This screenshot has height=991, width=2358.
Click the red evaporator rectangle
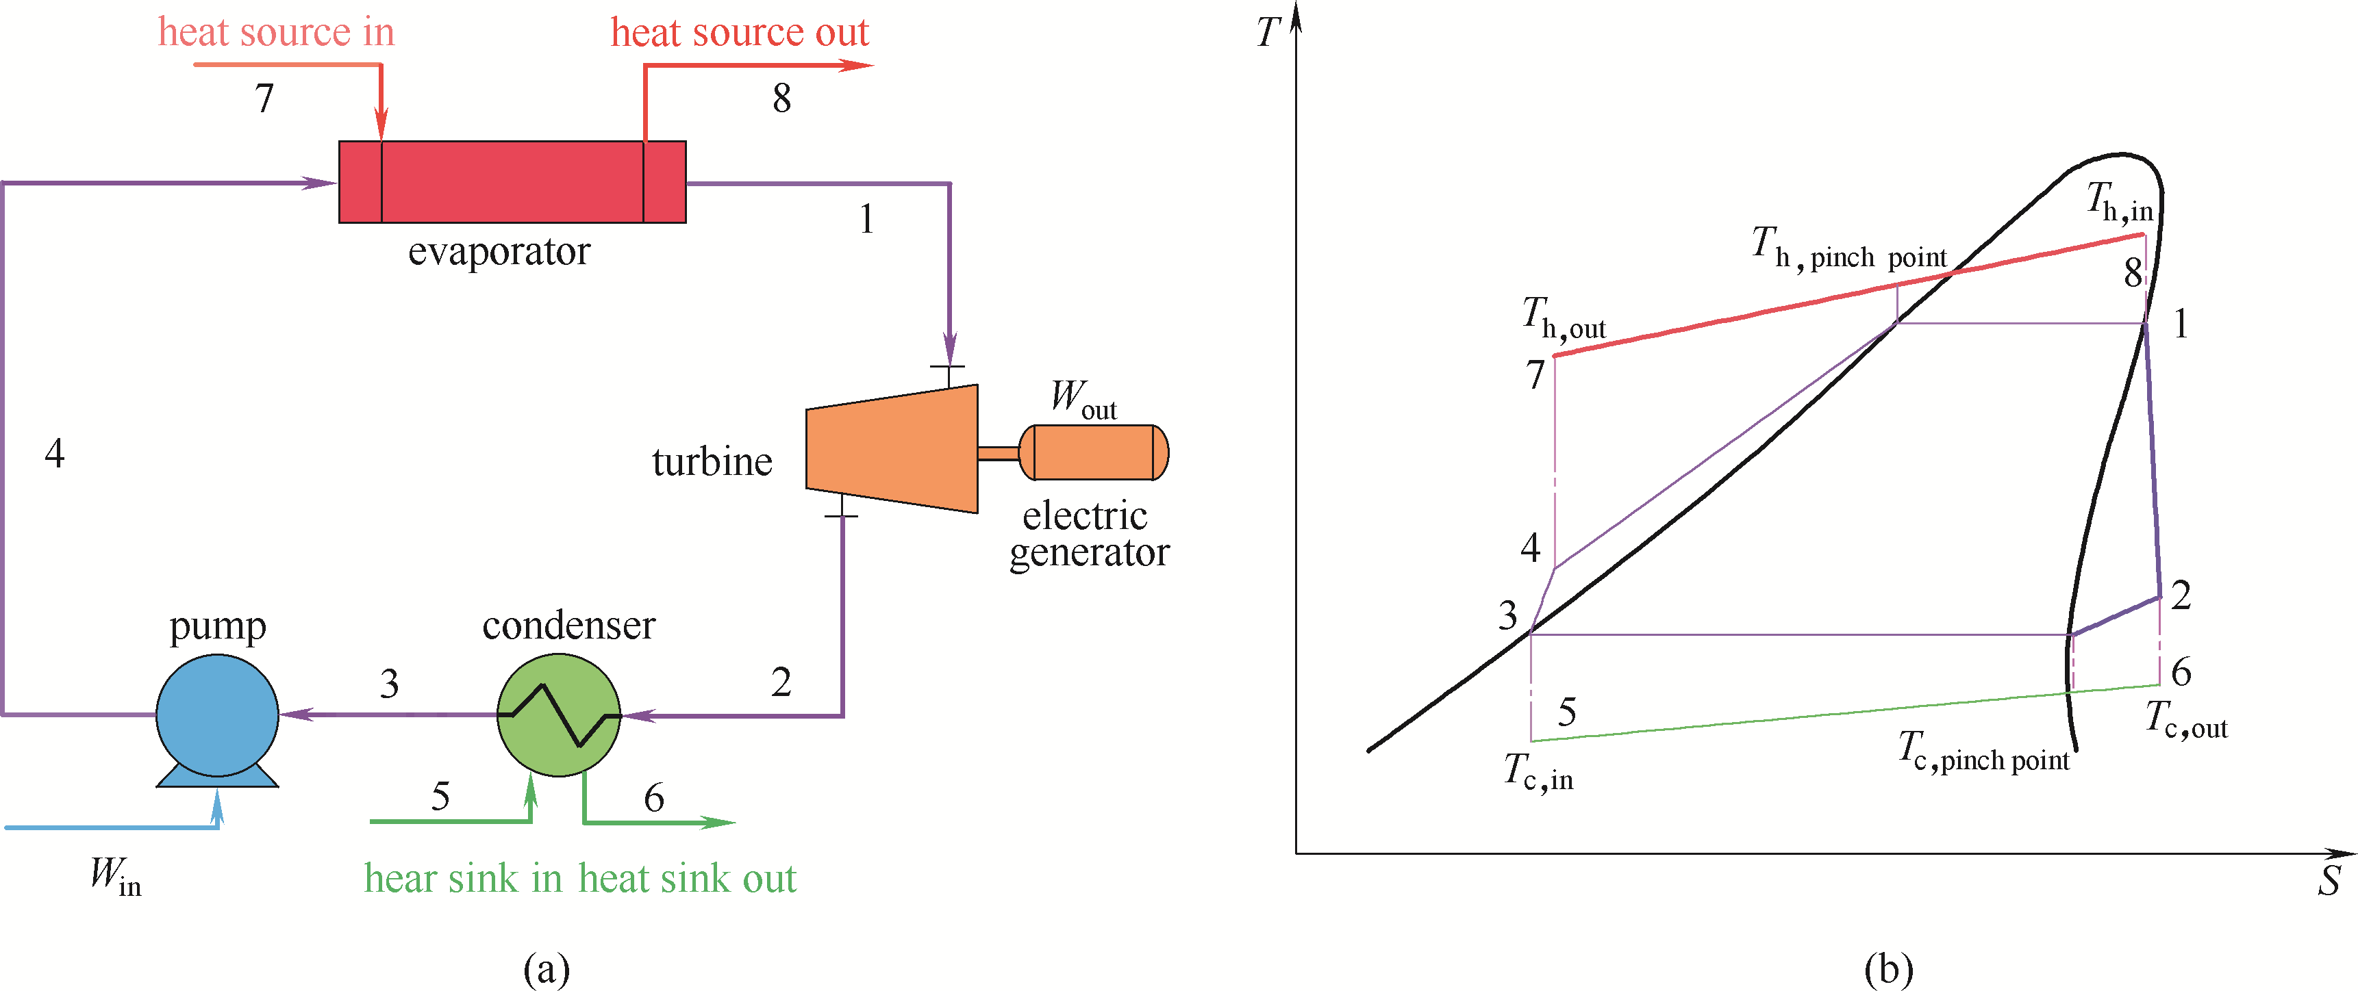[x=512, y=182]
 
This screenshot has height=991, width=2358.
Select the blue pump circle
[x=217, y=715]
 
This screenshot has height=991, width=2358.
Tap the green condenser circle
[x=558, y=715]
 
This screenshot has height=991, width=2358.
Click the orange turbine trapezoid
[x=892, y=448]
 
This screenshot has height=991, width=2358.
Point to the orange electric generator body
[x=1093, y=452]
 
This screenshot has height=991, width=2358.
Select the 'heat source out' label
[x=739, y=33]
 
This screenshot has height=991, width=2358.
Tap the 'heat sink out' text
[x=688, y=879]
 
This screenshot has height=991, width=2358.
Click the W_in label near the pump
[x=115, y=877]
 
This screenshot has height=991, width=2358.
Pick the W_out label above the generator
[x=1083, y=399]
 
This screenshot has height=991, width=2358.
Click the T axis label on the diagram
[x=1267, y=33]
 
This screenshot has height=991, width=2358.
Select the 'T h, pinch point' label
[x=1849, y=249]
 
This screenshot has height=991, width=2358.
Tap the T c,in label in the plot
[x=1538, y=772]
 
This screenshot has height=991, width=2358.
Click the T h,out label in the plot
[x=1563, y=318]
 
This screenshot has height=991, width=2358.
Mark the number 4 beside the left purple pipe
[x=55, y=454]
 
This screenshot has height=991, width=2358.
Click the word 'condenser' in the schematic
[x=568, y=626]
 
